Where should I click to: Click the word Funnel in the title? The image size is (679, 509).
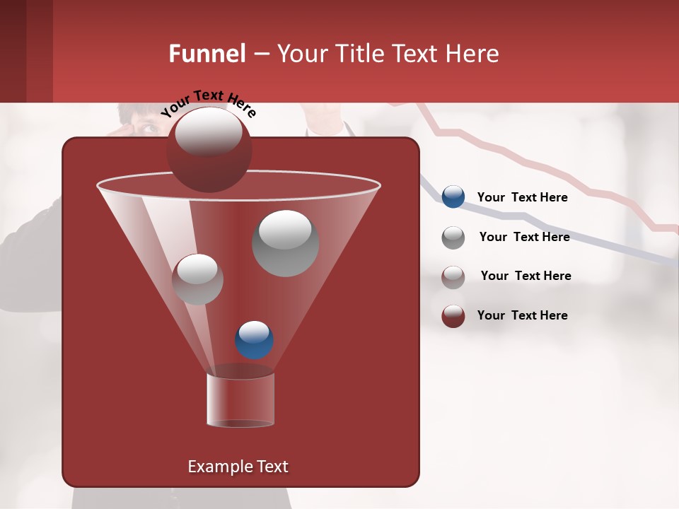pyautogui.click(x=207, y=54)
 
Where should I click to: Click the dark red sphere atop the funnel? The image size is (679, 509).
pyautogui.click(x=209, y=149)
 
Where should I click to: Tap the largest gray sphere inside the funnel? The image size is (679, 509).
pyautogui.click(x=285, y=242)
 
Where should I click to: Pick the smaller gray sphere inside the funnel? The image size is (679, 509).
pyautogui.click(x=197, y=279)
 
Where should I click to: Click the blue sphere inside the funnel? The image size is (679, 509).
pyautogui.click(x=254, y=339)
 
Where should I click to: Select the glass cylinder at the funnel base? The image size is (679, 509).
pyautogui.click(x=240, y=399)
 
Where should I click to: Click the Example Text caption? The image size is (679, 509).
pyautogui.click(x=238, y=467)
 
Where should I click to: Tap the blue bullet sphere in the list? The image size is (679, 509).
pyautogui.click(x=453, y=197)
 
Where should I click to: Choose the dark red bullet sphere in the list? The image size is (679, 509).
pyautogui.click(x=453, y=316)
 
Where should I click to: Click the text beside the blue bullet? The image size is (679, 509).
pyautogui.click(x=522, y=197)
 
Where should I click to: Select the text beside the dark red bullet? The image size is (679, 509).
pyautogui.click(x=522, y=315)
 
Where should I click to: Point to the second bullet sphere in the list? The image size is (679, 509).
pyautogui.click(x=453, y=238)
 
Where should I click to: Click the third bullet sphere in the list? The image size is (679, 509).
pyautogui.click(x=453, y=277)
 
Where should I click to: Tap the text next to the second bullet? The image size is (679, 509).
pyautogui.click(x=524, y=237)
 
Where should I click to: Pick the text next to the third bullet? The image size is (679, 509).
pyautogui.click(x=526, y=276)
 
